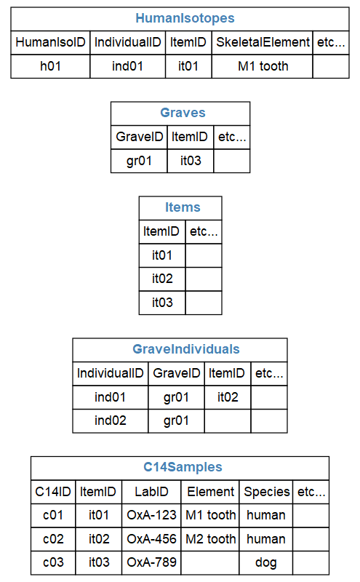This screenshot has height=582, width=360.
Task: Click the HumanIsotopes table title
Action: [185, 18]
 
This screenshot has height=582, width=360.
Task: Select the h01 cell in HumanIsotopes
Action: [50, 66]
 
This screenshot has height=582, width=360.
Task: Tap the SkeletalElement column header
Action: [263, 42]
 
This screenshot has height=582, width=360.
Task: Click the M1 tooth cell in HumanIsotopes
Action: [263, 66]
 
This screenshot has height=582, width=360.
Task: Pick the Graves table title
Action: [183, 113]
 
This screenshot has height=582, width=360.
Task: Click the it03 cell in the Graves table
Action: [191, 161]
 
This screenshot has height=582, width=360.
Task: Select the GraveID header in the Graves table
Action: [139, 137]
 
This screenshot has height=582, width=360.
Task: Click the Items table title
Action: [183, 207]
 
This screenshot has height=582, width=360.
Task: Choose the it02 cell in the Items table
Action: [162, 279]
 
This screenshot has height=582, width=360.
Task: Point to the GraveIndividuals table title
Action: [186, 349]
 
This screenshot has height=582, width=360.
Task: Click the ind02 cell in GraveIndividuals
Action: [111, 420]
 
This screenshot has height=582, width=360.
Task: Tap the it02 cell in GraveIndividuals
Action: [228, 397]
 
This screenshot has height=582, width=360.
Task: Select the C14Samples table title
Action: [183, 467]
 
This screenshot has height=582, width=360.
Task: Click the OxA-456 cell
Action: [151, 539]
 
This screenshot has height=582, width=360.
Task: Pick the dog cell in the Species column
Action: [266, 562]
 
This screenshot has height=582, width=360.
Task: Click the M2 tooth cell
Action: [210, 539]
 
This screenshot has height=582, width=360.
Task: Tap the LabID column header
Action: [151, 492]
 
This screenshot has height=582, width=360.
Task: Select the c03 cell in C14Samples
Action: [53, 562]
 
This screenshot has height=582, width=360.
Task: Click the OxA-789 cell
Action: [151, 562]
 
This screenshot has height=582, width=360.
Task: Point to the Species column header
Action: [266, 492]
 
